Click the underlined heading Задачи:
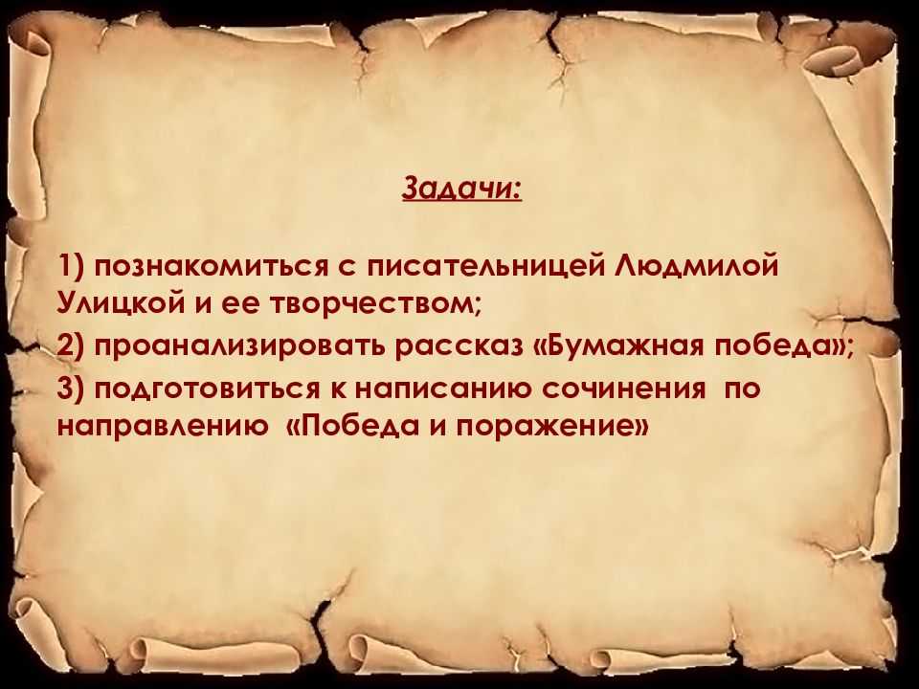click(461, 189)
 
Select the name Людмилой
click(698, 266)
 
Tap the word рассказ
click(458, 347)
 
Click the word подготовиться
click(207, 389)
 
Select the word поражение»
click(552, 427)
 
